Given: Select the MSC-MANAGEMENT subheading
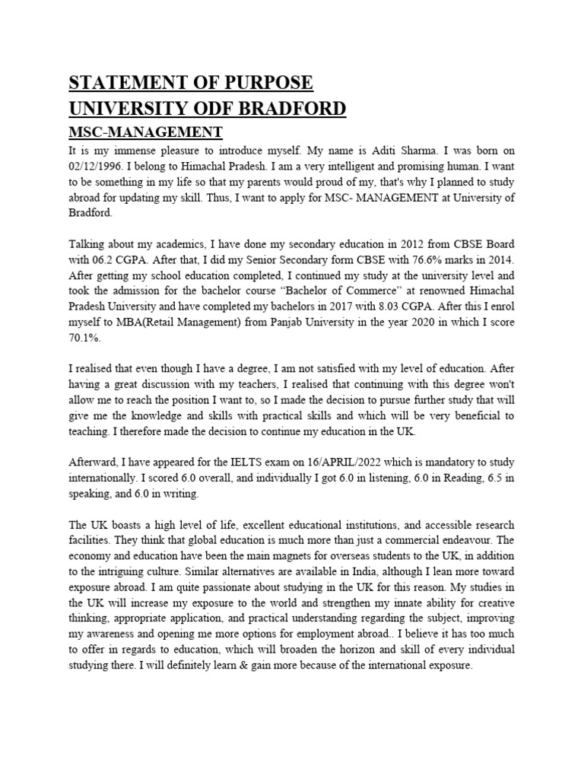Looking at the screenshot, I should (x=146, y=133).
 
